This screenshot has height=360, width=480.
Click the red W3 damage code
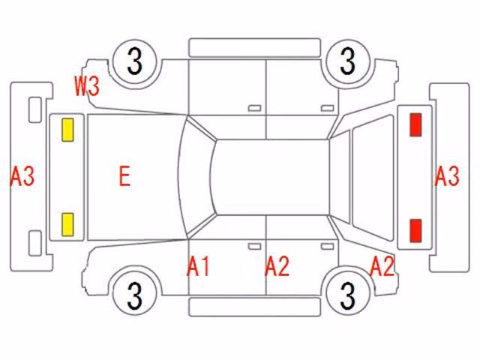(x=87, y=86)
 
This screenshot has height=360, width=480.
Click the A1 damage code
(x=198, y=266)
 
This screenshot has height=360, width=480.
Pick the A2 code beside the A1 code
(x=277, y=266)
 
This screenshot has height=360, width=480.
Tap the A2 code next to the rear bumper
(x=382, y=266)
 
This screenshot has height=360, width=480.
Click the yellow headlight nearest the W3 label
(x=67, y=130)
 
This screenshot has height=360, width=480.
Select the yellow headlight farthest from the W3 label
(x=67, y=225)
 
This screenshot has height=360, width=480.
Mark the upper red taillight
(x=415, y=124)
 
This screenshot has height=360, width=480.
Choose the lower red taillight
(x=415, y=230)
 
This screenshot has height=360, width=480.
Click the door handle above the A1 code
(x=255, y=247)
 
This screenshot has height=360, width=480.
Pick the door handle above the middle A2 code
(x=327, y=247)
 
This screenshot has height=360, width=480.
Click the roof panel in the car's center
(x=271, y=177)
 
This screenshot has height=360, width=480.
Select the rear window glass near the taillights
(x=373, y=178)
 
